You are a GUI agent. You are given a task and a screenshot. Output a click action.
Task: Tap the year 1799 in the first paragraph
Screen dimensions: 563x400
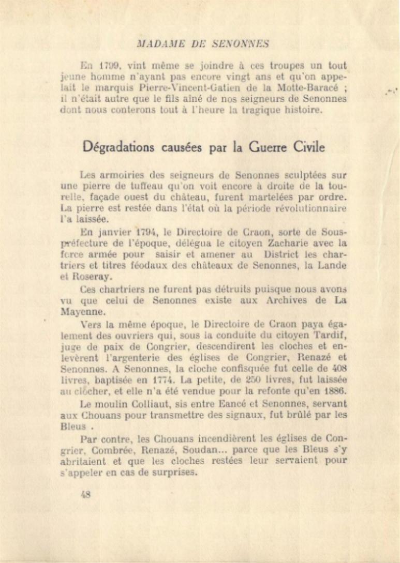click(x=110, y=66)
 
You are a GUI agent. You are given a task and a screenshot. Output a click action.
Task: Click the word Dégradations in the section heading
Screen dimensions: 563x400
click(x=118, y=147)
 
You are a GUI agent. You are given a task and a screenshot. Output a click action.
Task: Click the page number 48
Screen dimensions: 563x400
click(x=86, y=493)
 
